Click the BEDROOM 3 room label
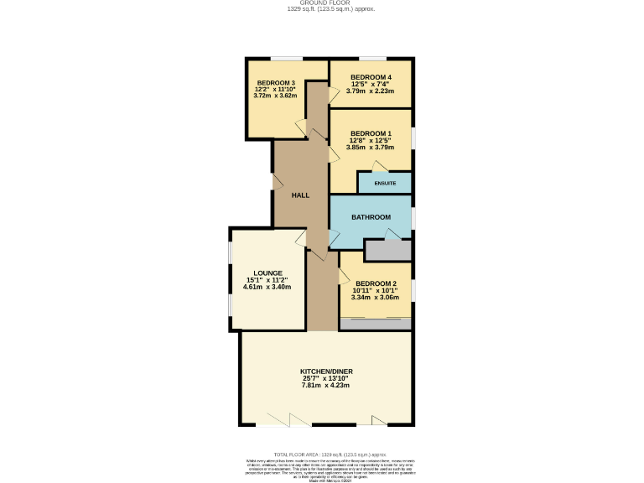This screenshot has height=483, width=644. coord(276,82)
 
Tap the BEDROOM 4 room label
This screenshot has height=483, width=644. coord(371,77)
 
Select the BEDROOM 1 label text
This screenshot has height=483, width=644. coord(371,133)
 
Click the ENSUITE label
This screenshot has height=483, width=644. coord(385,183)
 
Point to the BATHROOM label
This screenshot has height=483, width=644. coord(371,217)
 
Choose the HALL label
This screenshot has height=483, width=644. coord(300,195)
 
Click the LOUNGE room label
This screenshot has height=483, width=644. coord(267,273)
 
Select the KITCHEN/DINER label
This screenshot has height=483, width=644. coord(327,371)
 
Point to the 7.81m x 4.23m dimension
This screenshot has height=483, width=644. coord(327,385)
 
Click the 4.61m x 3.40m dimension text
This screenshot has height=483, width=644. coord(267,287)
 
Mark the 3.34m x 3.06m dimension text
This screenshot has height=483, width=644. coord(375,297)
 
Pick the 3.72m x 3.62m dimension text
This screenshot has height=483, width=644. coord(276,96)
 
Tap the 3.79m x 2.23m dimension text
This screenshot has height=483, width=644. coord(371,91)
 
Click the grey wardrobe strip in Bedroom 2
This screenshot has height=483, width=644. coord(375,323)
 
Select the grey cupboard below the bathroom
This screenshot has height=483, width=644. coord(388,250)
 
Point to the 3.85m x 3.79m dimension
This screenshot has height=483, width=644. coord(371,147)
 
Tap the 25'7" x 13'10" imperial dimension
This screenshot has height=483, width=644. coord(327,378)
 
